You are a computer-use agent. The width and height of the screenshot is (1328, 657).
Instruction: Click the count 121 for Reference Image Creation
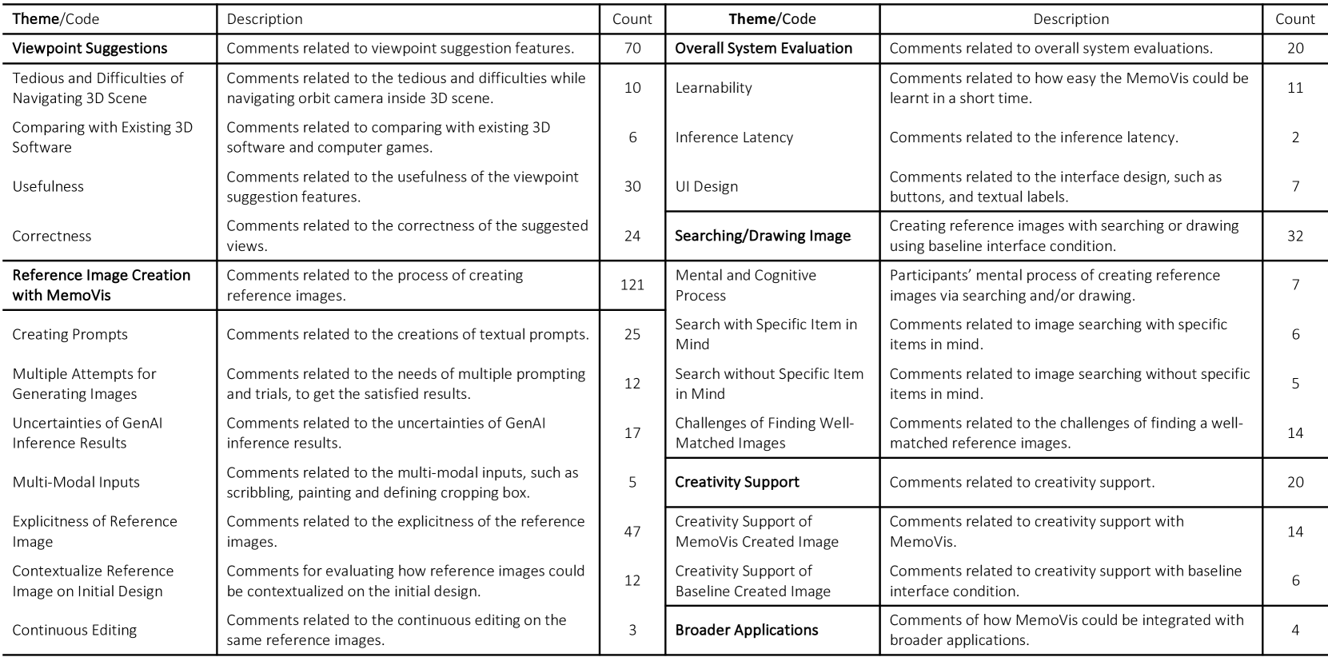tap(632, 285)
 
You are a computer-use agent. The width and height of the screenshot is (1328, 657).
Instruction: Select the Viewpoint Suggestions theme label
tap(90, 48)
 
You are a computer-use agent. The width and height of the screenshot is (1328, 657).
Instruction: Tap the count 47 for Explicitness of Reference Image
tap(632, 532)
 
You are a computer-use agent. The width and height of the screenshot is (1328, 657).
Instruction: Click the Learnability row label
tap(713, 88)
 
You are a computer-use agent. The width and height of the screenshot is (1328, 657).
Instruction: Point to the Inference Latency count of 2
tap(1295, 137)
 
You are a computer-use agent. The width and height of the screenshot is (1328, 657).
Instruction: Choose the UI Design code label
tap(706, 186)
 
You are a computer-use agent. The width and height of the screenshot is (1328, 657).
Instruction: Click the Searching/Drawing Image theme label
tap(762, 236)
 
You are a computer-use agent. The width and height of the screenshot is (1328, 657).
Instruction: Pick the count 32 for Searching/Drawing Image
tap(1295, 236)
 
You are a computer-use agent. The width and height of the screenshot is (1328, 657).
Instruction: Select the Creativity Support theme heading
tap(736, 482)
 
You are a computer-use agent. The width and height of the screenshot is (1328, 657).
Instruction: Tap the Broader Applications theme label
tap(746, 630)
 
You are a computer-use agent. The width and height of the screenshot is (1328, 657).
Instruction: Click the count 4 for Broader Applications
tap(1295, 630)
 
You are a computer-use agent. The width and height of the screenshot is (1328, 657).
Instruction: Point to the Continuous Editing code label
tap(74, 630)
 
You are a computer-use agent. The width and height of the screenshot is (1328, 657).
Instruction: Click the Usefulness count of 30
tap(632, 186)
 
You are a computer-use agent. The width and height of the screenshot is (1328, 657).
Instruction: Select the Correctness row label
tap(52, 236)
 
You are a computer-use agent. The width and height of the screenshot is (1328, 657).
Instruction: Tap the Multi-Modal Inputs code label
tap(76, 482)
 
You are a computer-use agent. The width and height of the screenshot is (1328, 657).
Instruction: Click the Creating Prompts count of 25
tap(632, 334)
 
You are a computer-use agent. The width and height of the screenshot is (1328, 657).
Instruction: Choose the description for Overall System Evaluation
tap(1051, 48)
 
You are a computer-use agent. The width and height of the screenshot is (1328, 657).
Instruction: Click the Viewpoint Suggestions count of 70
tap(632, 48)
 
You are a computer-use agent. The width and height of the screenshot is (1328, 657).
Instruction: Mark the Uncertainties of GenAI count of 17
tap(632, 432)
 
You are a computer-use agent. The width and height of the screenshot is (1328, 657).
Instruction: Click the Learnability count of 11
tap(1295, 88)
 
